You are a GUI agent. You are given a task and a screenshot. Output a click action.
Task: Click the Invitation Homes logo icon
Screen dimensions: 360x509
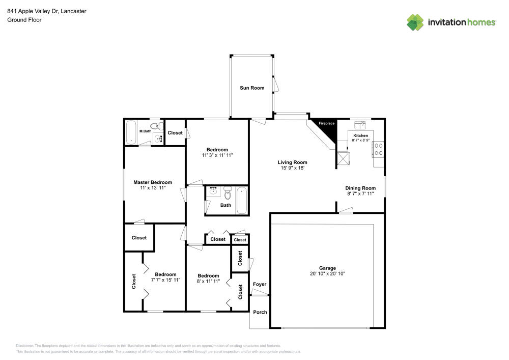point(415,22)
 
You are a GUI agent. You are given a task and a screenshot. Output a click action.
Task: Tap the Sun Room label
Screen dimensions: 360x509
point(252,88)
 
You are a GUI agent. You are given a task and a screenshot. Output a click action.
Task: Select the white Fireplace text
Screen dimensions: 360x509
point(326,124)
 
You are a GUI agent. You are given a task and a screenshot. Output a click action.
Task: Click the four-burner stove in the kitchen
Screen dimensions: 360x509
point(378,149)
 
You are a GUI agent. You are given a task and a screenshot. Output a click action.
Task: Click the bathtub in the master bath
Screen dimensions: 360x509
point(131,132)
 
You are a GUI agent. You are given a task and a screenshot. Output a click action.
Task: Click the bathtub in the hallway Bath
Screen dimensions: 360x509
point(242,200)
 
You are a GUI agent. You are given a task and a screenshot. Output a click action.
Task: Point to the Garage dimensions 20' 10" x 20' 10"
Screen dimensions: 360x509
point(327,274)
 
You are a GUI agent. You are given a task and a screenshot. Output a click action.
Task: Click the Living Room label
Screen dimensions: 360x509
point(292,162)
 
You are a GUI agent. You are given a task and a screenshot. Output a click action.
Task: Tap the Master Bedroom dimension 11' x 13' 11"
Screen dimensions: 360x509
point(153,188)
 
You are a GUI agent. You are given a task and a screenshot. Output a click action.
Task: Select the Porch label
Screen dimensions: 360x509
point(260,312)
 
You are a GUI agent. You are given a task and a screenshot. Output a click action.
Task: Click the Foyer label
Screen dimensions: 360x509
point(260,284)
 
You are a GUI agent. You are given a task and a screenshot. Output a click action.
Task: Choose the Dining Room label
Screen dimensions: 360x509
point(361,188)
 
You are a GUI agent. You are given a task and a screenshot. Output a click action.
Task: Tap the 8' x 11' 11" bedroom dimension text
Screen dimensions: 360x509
point(208,281)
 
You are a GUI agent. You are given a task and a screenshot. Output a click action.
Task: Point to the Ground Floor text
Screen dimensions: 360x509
point(24,20)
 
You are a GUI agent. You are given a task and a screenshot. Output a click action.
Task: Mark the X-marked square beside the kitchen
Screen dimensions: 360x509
point(344,159)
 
